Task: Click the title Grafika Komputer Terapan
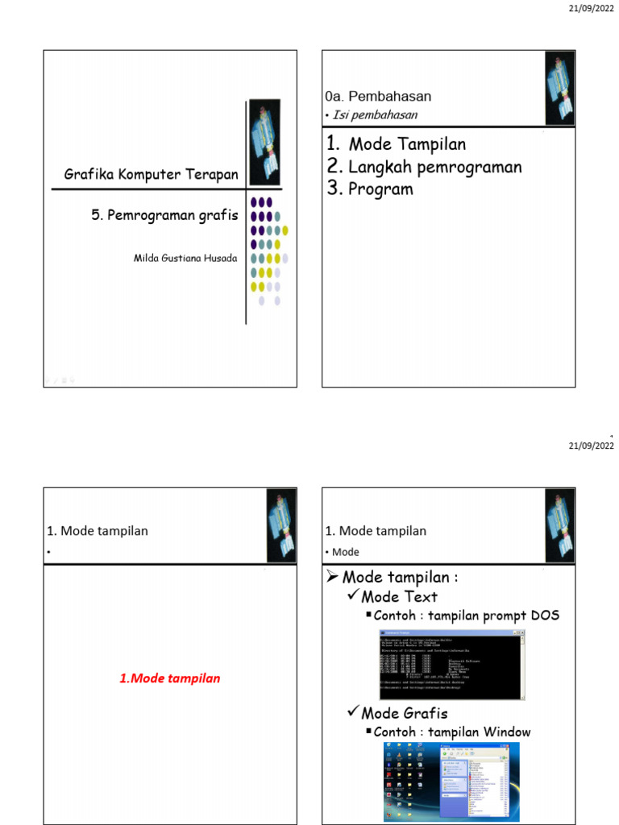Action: click(x=151, y=174)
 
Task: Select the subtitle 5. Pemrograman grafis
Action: click(x=164, y=215)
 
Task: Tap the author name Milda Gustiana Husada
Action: click(x=185, y=258)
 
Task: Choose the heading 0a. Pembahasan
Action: click(x=378, y=97)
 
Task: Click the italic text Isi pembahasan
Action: click(x=375, y=114)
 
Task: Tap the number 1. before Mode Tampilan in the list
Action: click(x=334, y=144)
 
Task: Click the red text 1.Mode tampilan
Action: click(x=169, y=678)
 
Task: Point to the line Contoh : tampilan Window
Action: click(x=451, y=732)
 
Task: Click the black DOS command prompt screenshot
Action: click(x=452, y=664)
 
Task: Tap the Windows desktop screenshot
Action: click(x=452, y=781)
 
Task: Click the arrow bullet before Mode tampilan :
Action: click(x=331, y=578)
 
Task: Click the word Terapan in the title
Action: click(x=213, y=174)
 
